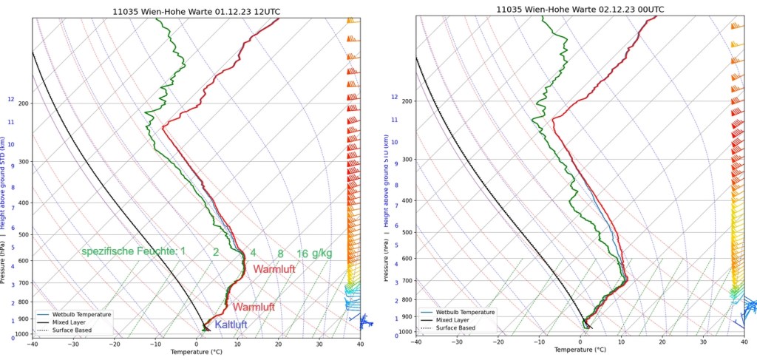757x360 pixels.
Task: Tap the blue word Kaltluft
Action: (231, 325)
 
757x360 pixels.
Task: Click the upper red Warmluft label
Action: (274, 270)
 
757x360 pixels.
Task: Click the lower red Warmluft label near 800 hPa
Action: (254, 307)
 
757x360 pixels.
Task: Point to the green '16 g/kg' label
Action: (314, 254)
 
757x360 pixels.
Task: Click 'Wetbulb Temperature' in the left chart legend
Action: (81, 314)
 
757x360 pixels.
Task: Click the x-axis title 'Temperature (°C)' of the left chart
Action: (196, 352)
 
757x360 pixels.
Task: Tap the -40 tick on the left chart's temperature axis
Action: (33, 344)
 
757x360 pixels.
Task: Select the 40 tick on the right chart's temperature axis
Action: (744, 342)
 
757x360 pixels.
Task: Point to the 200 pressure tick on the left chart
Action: (23, 103)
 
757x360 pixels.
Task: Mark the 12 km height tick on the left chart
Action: (11, 99)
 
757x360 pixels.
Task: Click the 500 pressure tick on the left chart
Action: (23, 235)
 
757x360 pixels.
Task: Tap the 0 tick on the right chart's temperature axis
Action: (581, 342)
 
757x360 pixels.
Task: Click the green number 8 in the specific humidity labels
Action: (280, 253)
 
